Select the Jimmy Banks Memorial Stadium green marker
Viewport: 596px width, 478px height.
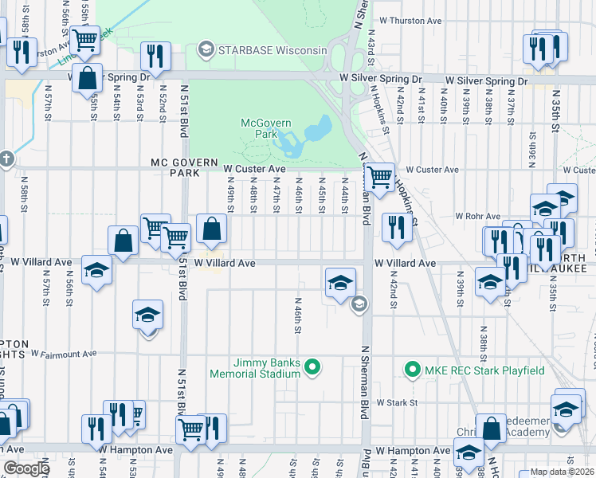pyautogui.click(x=312, y=367)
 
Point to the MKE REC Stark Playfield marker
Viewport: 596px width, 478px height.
pyautogui.click(x=412, y=370)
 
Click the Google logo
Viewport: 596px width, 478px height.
pyautogui.click(x=25, y=468)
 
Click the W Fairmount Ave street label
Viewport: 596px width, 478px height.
pyautogui.click(x=64, y=353)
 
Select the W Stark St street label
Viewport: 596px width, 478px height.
pyautogui.click(x=398, y=403)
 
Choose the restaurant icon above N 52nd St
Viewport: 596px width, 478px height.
pyautogui.click(x=153, y=55)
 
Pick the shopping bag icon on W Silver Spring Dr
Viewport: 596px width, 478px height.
pyautogui.click(x=88, y=78)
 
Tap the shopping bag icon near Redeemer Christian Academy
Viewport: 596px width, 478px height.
pyautogui.click(x=491, y=428)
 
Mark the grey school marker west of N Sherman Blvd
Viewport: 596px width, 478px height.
pyautogui.click(x=359, y=303)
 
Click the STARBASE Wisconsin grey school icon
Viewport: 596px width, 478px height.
pyautogui.click(x=206, y=50)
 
